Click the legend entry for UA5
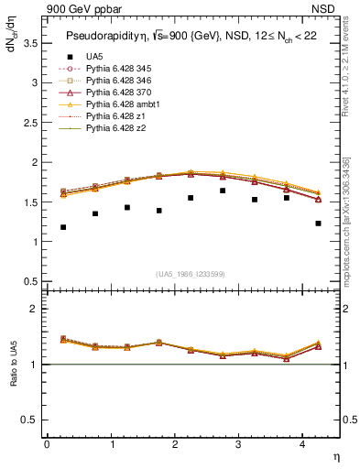93,57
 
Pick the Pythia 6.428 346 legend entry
117,81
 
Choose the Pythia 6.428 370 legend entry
117,93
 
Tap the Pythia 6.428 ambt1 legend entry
120,104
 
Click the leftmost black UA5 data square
63,227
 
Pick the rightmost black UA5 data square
318,223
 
